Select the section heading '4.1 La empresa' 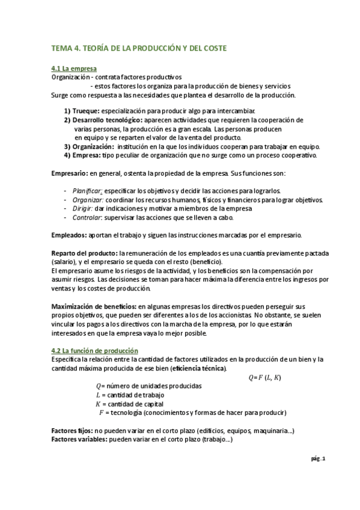coord(74,69)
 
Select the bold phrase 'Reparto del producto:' coord(84,253)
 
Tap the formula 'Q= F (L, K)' coord(264,378)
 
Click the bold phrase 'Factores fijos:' coord(72,431)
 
